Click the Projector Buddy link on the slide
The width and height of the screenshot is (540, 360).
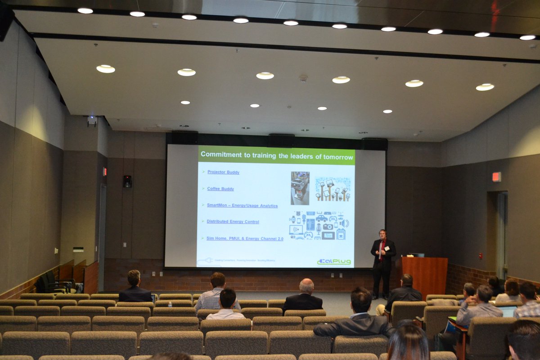tap(223, 172)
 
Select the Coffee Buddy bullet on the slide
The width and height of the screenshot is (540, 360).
tap(220, 189)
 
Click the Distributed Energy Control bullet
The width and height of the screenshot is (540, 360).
tap(233, 221)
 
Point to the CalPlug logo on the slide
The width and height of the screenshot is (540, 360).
tap(334, 261)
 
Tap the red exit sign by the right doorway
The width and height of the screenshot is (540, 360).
tap(496, 177)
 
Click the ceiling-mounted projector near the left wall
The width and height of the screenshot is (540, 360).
tap(92, 120)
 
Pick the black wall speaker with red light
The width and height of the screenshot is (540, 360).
tap(127, 181)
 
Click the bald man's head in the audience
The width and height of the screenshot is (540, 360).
tap(306, 285)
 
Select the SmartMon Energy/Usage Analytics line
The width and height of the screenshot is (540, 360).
tap(242, 205)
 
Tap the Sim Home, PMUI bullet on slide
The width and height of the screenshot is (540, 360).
tap(245, 238)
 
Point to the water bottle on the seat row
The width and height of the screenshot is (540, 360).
tap(170, 304)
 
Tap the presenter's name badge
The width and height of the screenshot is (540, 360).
tap(387, 248)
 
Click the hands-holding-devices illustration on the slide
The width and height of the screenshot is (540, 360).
tap(332, 189)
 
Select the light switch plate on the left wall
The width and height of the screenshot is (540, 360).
tap(78, 249)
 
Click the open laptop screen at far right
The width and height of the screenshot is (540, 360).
tap(508, 311)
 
